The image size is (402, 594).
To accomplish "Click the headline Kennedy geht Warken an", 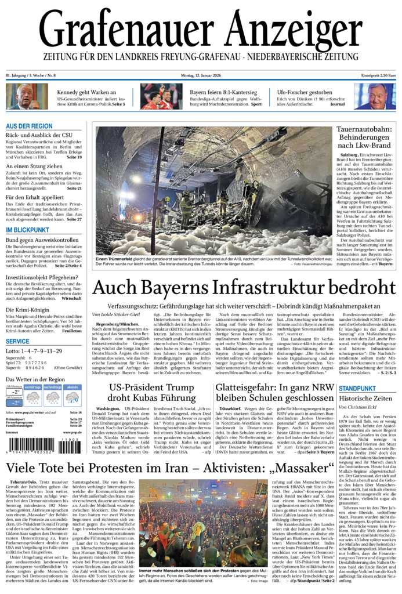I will [x=86, y=92].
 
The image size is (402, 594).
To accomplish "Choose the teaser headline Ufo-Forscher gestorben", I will [x=304, y=92].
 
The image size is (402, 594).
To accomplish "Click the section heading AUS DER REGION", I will [x=29, y=126].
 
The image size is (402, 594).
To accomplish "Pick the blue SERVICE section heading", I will [x=17, y=341].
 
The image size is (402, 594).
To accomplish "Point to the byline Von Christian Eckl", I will [x=359, y=408].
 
